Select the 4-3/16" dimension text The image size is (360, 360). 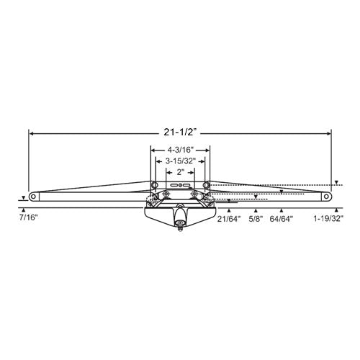coord(180,150)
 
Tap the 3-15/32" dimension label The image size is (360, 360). coord(180,161)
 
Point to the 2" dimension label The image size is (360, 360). coord(180,172)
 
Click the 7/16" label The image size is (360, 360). coord(29,217)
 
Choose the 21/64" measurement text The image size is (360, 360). coord(229,219)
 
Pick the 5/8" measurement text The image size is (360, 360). coord(256,219)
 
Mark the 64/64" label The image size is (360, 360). coord(282,219)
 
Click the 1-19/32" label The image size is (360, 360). coord(328,218)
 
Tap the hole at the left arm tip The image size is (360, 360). coord(33,197)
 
